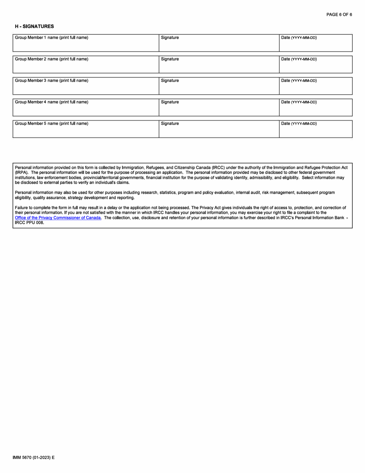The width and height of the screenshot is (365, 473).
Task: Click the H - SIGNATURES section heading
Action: click(34, 27)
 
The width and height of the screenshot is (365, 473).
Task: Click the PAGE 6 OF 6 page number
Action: click(339, 15)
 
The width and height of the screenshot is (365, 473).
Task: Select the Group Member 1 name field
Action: click(86, 45)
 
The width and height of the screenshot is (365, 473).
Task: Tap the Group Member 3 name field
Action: click(86, 88)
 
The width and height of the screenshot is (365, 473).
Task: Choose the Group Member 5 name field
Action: click(86, 132)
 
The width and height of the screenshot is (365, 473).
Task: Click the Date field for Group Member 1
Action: click(315, 45)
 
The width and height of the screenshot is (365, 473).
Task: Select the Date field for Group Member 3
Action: click(315, 88)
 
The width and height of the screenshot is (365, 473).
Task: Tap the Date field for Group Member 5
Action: click(315, 132)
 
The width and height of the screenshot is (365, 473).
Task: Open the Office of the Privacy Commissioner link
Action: click(58, 218)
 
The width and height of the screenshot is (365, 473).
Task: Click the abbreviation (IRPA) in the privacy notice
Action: click(22, 173)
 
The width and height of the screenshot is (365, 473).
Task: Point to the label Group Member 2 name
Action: click(51, 59)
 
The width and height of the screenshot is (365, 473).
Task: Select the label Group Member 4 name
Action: click(51, 102)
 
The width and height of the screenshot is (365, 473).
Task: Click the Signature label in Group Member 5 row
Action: click(170, 124)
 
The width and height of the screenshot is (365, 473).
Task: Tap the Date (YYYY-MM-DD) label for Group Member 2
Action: click(299, 59)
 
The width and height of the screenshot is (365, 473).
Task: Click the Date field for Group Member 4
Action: click(315, 110)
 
